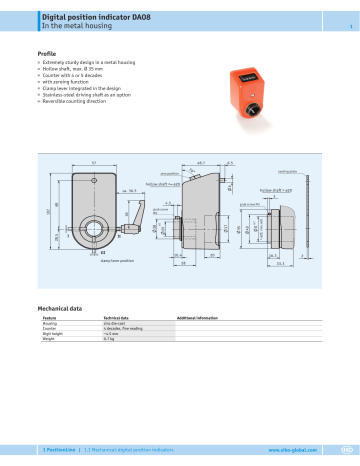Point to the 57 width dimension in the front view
click(x=94, y=162)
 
